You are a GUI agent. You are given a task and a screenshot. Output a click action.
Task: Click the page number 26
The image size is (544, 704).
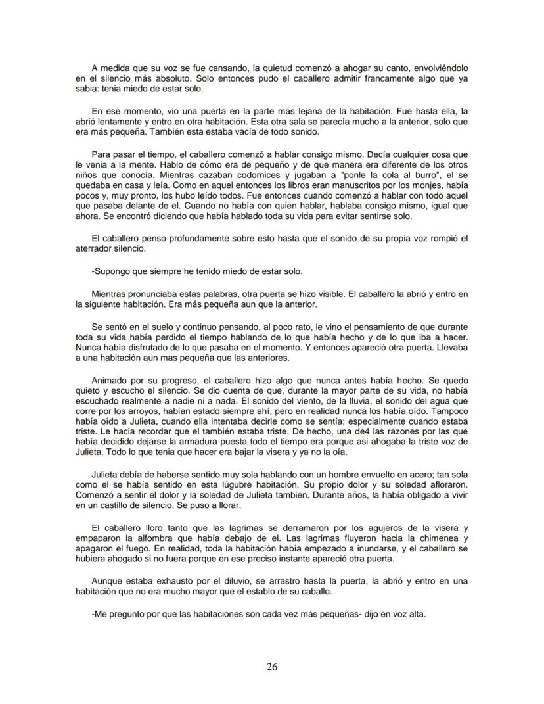point(272,667)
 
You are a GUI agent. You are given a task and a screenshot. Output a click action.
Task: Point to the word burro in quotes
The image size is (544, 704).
point(398,176)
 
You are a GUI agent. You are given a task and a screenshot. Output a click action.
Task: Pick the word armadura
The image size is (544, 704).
point(184,454)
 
